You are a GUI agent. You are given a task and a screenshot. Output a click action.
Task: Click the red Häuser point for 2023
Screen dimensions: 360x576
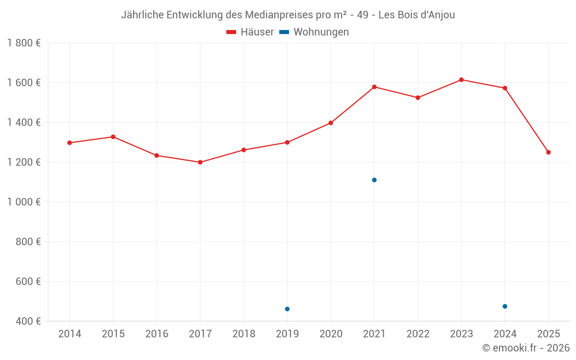[x=461, y=79]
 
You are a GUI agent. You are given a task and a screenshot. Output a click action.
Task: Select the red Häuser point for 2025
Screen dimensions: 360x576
[x=548, y=152]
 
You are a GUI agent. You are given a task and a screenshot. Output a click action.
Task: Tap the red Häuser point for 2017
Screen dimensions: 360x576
[x=200, y=162]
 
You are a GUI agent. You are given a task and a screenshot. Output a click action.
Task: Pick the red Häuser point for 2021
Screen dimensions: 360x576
[x=374, y=87]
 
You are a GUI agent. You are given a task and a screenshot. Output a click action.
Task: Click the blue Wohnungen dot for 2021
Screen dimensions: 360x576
[x=374, y=180]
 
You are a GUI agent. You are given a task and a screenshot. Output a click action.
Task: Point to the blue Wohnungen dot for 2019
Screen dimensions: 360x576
[x=287, y=309]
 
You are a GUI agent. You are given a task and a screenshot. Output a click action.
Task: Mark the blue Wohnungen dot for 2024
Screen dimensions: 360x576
[x=505, y=306]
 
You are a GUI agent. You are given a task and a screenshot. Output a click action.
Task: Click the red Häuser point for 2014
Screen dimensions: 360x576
[x=70, y=143]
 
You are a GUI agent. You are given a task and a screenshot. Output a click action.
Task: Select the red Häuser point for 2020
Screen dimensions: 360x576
[x=331, y=123]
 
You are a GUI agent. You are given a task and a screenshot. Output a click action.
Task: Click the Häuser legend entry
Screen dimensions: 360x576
[x=250, y=32]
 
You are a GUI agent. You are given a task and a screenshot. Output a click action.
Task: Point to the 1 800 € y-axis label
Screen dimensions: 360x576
[x=24, y=43]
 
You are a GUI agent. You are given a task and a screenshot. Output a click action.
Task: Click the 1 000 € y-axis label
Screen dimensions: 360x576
[x=24, y=202]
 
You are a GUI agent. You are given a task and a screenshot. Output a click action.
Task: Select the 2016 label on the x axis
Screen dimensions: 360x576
[x=157, y=334]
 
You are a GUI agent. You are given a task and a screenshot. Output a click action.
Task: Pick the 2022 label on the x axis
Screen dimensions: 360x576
[x=418, y=334]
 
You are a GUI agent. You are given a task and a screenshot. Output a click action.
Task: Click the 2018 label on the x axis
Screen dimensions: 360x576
[x=244, y=334]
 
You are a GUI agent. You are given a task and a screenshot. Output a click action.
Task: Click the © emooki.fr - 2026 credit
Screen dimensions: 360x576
[x=525, y=348]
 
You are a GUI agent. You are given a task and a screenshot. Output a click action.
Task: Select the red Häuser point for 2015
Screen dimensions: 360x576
[x=113, y=137]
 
